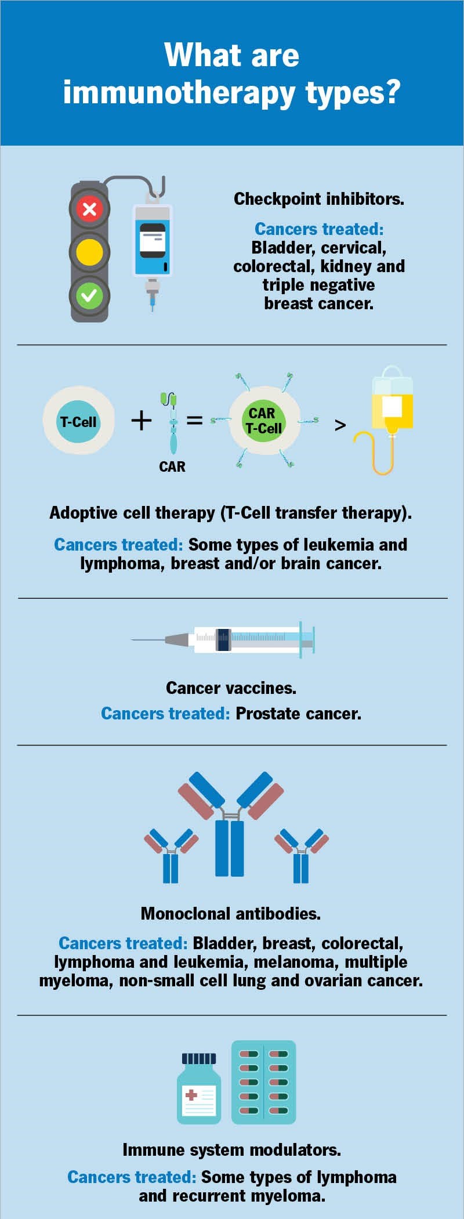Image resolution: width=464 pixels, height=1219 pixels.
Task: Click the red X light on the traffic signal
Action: click(89, 209)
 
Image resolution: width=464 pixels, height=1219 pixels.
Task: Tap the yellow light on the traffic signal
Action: click(89, 252)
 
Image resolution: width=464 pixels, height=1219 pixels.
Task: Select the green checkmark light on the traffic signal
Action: click(89, 296)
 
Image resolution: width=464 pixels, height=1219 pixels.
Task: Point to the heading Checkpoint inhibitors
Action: click(318, 199)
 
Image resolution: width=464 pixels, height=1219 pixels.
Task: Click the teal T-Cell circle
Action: click(78, 422)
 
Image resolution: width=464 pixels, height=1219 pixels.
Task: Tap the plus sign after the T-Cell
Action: click(142, 419)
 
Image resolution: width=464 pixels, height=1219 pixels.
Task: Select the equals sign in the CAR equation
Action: click(194, 419)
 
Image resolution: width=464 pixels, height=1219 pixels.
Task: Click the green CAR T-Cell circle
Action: click(264, 421)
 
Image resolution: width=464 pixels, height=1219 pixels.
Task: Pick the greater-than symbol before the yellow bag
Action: click(340, 425)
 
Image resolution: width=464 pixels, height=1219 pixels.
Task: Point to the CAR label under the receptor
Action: click(172, 466)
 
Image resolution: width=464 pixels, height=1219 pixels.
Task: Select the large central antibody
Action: click(230, 824)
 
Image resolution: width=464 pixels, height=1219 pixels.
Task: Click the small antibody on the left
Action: click(171, 856)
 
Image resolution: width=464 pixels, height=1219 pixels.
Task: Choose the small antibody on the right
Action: click(301, 856)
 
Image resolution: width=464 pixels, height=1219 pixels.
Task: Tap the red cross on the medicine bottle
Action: click(191, 1095)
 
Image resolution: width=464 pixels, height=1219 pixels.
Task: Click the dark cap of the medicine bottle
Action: click(199, 1058)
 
